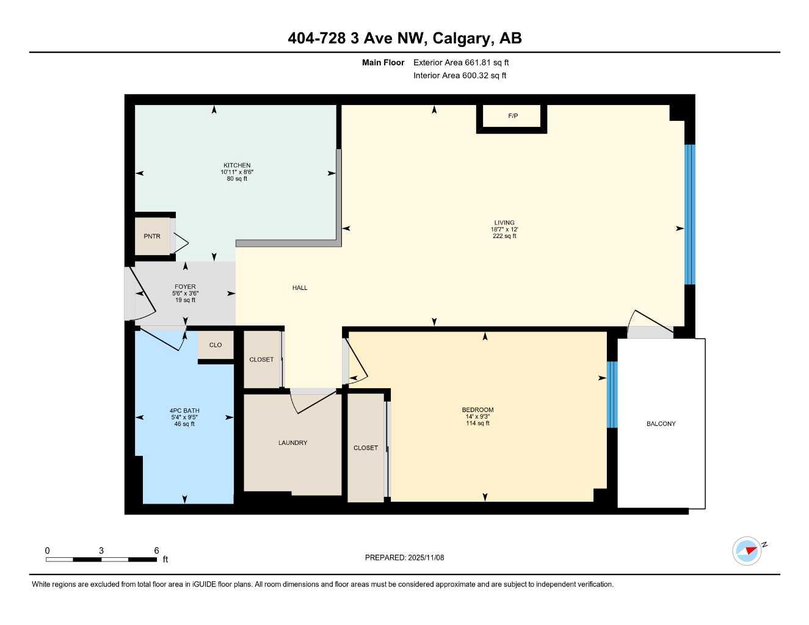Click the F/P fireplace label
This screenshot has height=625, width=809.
(x=513, y=116)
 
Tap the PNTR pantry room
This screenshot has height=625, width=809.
(x=152, y=236)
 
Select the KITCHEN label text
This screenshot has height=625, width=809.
(x=237, y=165)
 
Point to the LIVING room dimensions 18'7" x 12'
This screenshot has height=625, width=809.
(x=504, y=229)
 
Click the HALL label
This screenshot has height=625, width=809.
(x=300, y=288)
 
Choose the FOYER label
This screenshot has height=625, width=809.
(x=185, y=287)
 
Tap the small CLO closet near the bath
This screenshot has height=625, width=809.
(x=216, y=345)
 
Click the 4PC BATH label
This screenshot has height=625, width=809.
(x=184, y=411)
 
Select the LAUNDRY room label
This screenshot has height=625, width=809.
(x=292, y=443)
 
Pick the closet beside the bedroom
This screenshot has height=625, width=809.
(x=366, y=448)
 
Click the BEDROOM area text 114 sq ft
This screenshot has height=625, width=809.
(x=477, y=424)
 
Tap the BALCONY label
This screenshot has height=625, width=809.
(x=661, y=424)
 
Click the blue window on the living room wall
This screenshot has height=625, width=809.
(x=690, y=214)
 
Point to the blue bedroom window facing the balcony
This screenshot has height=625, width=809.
(x=612, y=394)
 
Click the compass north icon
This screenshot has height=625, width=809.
(x=747, y=551)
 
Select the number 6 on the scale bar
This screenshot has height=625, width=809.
(x=156, y=551)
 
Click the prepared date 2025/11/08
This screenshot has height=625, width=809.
(x=426, y=558)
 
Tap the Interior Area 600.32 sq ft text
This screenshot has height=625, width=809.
(x=460, y=76)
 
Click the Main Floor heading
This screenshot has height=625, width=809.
(x=383, y=62)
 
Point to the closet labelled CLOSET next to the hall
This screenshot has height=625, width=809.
(x=261, y=359)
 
